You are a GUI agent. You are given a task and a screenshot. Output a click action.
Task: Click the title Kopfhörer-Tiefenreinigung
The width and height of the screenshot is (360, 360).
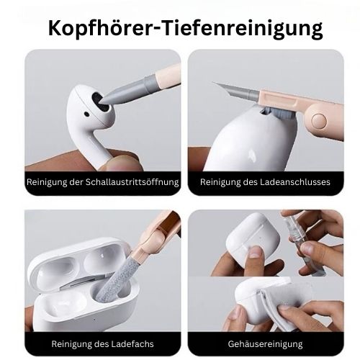point(185,28)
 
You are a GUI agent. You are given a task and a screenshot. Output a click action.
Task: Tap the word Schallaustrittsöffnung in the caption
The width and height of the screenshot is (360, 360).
point(132,182)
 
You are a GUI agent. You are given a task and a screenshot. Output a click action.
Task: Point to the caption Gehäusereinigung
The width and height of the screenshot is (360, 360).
point(265,344)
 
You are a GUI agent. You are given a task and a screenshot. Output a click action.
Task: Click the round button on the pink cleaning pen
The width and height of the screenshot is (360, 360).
point(319,121)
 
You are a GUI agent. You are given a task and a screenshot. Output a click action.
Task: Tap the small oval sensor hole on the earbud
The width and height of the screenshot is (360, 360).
point(86,114)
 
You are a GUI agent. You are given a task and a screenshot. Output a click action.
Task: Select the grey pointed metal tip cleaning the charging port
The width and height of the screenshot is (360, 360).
point(236,90)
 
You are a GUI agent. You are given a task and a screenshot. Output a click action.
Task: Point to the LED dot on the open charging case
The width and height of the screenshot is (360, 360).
point(94,320)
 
